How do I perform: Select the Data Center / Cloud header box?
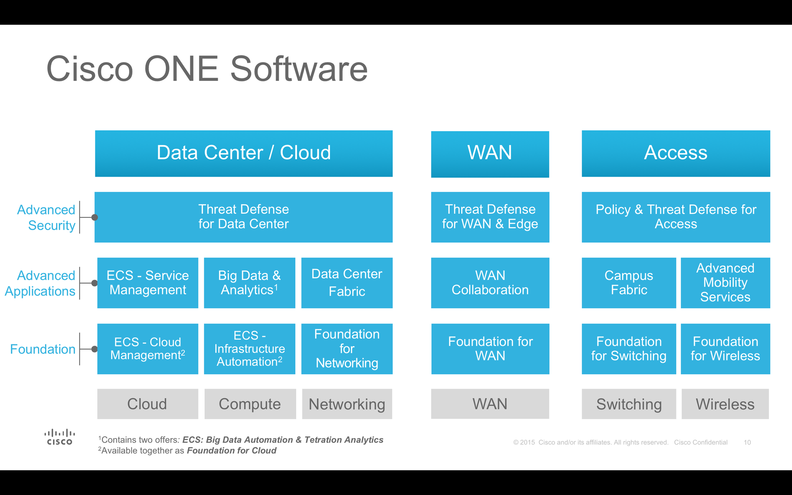click(x=243, y=153)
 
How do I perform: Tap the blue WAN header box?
click(x=490, y=154)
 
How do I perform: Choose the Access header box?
click(x=675, y=153)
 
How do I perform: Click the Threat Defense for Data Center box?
click(x=243, y=217)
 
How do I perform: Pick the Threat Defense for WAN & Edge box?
click(x=490, y=217)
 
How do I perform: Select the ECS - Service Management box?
click(x=148, y=283)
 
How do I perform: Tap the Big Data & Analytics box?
click(x=249, y=283)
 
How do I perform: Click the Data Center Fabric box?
click(x=346, y=283)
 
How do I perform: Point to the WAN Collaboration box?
click(x=490, y=283)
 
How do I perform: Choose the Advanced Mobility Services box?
click(x=725, y=283)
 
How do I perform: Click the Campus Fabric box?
click(x=628, y=283)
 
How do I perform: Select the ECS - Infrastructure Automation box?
click(x=249, y=349)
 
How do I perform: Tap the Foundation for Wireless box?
click(x=725, y=349)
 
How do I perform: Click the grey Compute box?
click(x=250, y=404)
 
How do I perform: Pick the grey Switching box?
click(x=628, y=404)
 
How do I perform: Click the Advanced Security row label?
click(x=46, y=217)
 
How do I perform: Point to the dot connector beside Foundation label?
click(x=94, y=349)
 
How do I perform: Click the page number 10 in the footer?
click(x=747, y=442)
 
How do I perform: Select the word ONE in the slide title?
click(x=181, y=69)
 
